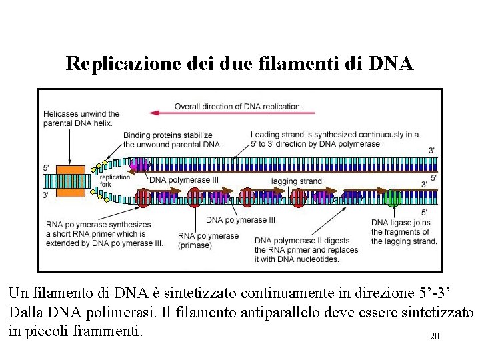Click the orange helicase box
point(70,180)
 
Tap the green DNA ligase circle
point(393,197)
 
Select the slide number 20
point(435,337)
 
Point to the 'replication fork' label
point(115,181)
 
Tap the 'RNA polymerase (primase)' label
point(208,241)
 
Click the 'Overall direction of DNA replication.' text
point(238,107)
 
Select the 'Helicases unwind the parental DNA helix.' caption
point(81,119)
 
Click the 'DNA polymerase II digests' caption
point(306,249)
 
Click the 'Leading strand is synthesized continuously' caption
point(334,139)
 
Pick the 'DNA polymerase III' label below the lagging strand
point(240,220)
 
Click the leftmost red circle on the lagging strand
point(143,197)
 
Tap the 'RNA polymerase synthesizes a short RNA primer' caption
point(104,234)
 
